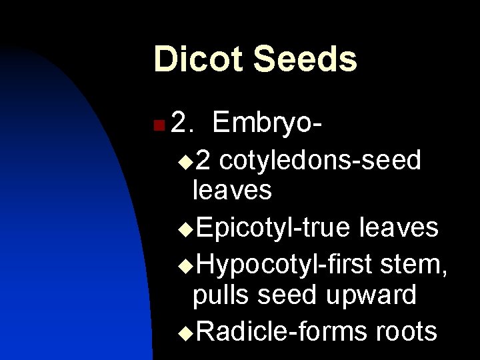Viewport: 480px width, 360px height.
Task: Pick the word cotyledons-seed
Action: (x=320, y=160)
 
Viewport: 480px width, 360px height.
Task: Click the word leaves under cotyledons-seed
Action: (x=231, y=191)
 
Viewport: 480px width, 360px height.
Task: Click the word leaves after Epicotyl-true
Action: (x=399, y=228)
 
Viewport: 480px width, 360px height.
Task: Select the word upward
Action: (x=373, y=295)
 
